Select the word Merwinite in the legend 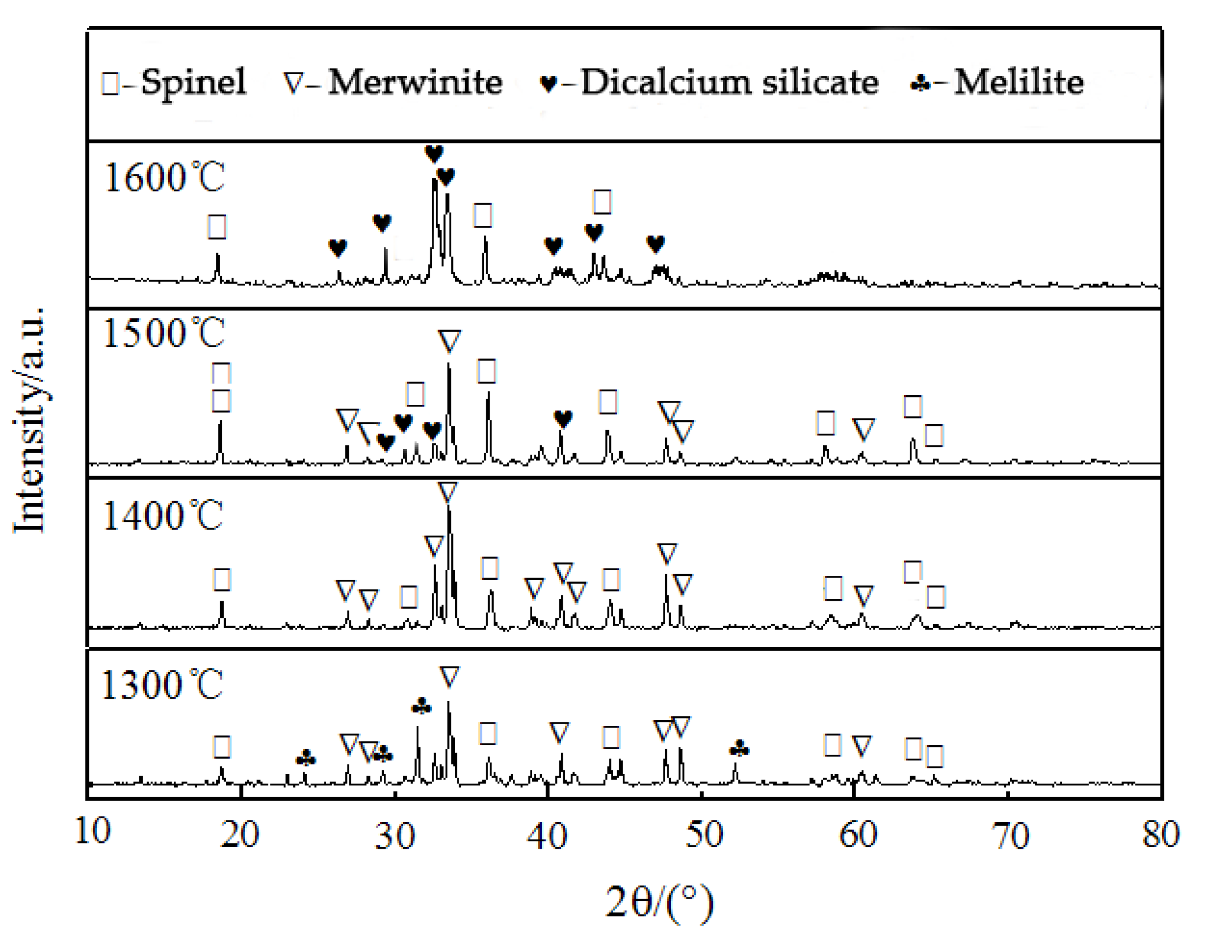(x=414, y=83)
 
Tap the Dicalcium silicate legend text (x=729, y=83)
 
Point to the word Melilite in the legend (x=1018, y=83)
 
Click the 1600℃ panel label (x=165, y=178)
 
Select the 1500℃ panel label (x=164, y=333)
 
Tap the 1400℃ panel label (x=162, y=516)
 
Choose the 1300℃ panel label (x=162, y=685)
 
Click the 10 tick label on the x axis (x=92, y=831)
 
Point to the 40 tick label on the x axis (x=546, y=835)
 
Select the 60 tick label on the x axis (x=858, y=835)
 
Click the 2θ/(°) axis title (x=660, y=902)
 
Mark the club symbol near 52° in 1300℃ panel (x=739, y=750)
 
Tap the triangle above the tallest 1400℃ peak (x=447, y=492)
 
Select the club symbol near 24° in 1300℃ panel (x=306, y=758)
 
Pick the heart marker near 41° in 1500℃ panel (x=563, y=419)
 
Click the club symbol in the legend (x=920, y=84)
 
